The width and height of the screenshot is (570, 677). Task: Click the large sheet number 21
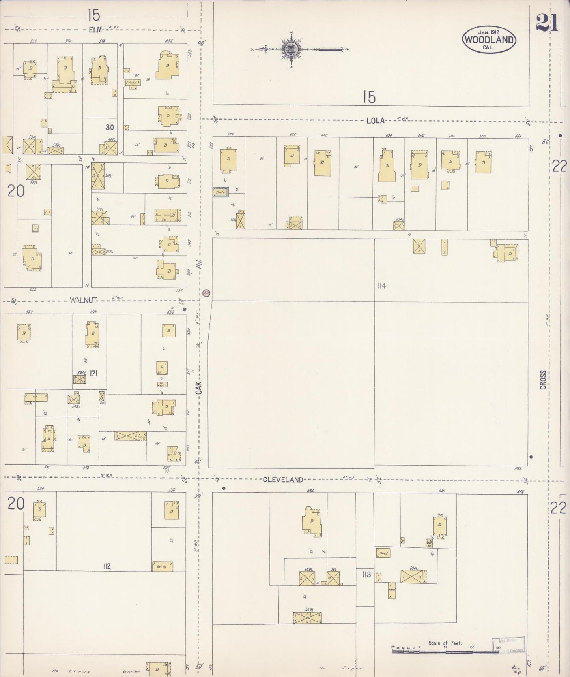547,24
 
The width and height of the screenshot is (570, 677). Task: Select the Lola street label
375,121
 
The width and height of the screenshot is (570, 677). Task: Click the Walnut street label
83,300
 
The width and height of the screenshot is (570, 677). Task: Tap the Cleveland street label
283,480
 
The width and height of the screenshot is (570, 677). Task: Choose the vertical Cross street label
543,380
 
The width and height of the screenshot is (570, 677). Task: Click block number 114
381,286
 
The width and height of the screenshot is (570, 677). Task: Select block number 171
93,373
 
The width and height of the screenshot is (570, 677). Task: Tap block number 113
366,574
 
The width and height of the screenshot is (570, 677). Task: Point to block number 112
107,566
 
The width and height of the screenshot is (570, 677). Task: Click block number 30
110,127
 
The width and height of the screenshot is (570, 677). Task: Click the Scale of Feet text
445,643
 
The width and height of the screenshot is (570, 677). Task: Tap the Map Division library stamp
509,645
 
